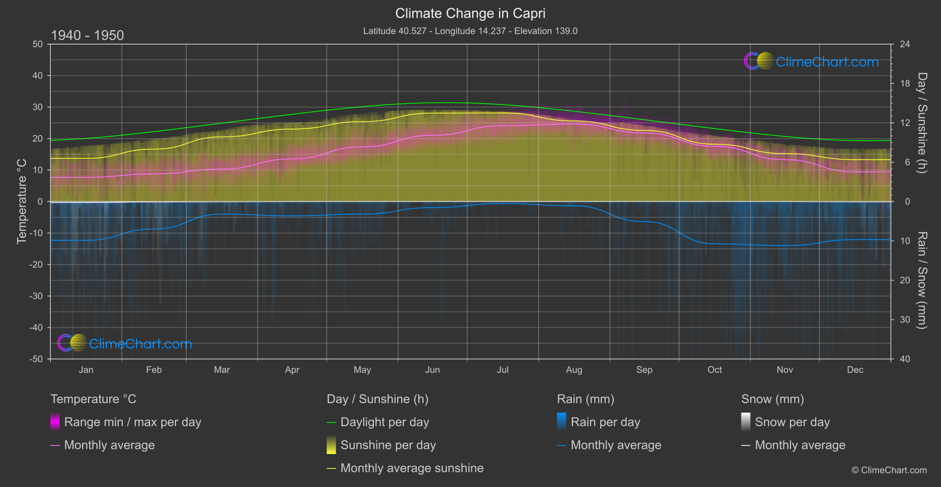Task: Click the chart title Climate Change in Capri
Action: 470,14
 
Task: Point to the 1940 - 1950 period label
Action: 87,35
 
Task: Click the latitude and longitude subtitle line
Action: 470,31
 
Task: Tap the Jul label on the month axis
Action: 503,370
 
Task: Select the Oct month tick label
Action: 715,370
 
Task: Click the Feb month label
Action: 154,370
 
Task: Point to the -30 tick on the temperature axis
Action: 37,296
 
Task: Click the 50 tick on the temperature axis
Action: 38,44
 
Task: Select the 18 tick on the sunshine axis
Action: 905,84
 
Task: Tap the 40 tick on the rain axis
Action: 905,359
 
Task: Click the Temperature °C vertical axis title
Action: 22,201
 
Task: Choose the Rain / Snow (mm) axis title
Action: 922,280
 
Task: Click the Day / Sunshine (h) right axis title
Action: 922,123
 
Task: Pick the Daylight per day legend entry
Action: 385,422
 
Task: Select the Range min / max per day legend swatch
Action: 55,422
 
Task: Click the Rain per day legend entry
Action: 605,422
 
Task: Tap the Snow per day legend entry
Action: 792,422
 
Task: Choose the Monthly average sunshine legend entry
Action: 412,468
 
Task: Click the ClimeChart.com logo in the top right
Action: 812,61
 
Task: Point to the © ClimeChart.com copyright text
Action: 889,470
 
